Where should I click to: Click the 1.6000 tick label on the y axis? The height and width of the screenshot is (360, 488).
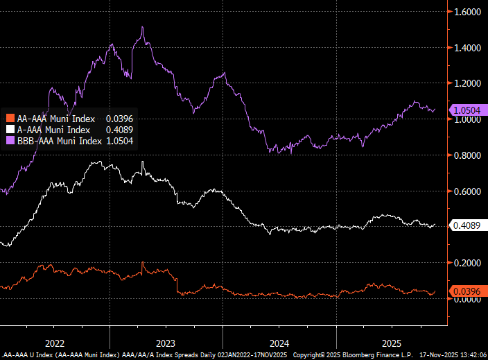[x=468, y=12]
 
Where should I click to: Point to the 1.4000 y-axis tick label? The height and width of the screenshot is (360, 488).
[x=468, y=48]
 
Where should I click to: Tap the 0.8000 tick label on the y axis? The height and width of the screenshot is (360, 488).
[x=468, y=155]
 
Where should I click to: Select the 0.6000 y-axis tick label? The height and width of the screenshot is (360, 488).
[x=468, y=191]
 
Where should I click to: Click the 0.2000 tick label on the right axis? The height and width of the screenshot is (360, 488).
[x=468, y=263]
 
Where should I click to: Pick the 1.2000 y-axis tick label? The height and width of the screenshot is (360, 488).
[x=468, y=84]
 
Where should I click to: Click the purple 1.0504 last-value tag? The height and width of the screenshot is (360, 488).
[x=469, y=110]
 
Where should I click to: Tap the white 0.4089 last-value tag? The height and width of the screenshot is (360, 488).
[x=469, y=225]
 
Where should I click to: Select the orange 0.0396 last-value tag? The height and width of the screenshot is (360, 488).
[x=469, y=291]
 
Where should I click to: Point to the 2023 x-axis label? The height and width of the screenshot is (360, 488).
[x=166, y=343]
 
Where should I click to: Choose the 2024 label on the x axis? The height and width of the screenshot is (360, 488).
[x=279, y=343]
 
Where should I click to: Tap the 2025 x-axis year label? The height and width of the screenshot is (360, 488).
[x=392, y=343]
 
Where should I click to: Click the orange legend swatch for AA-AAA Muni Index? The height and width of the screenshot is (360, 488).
[x=10, y=118]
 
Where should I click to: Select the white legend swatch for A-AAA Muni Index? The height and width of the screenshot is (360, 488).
[x=10, y=129]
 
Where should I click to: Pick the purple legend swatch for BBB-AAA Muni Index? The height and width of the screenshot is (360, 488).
[x=10, y=141]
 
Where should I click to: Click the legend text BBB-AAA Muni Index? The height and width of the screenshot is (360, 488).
[x=58, y=141]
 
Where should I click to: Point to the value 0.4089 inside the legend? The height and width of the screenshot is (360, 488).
[x=119, y=129]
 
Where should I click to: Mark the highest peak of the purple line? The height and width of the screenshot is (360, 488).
[x=142, y=27]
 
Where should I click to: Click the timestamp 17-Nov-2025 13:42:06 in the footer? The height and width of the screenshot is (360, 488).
[x=451, y=355]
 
